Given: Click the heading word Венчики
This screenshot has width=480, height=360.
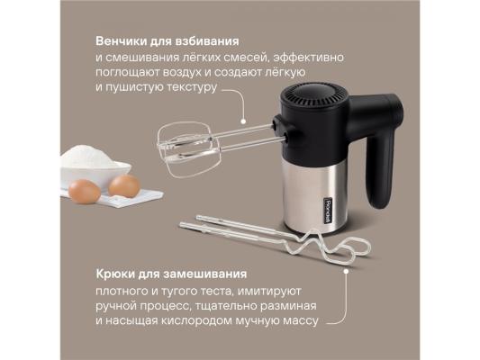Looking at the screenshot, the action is point(121,41).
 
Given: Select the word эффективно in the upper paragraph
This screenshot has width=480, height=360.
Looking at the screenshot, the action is point(309,58).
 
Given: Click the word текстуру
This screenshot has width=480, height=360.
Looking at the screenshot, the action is point(192,88).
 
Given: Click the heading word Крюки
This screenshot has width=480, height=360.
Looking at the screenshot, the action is point(115,274).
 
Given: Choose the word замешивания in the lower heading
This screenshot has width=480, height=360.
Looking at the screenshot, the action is point(204,274).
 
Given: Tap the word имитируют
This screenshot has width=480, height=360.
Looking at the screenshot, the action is point(269,291).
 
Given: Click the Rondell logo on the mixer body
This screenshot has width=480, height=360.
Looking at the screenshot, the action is point(327,211).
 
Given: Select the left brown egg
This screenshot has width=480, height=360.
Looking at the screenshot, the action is point(84,192).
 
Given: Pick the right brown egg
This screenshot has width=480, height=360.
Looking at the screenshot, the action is point(124,185).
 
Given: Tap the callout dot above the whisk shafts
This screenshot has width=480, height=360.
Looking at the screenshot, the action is point(243,121).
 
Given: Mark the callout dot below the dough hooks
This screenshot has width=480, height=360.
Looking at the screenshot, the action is point(346,271).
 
